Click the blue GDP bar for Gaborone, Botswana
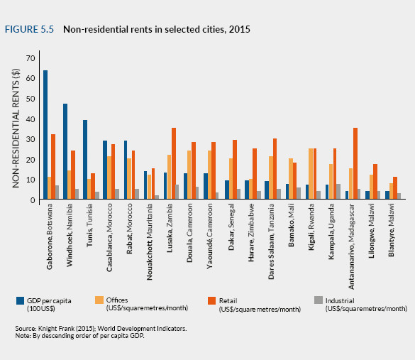pyautogui.click(x=45, y=135)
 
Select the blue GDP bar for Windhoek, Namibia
pyautogui.click(x=65, y=151)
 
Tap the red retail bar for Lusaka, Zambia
pyautogui.click(x=174, y=163)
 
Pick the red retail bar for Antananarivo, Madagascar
pyautogui.click(x=355, y=163)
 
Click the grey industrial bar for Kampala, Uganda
pyautogui.click(x=338, y=192)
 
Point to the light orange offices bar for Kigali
pyautogui.click(x=311, y=174)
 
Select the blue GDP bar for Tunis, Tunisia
pyautogui.click(x=85, y=160)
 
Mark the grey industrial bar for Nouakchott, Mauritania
pyautogui.click(x=157, y=197)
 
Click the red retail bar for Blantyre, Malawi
pyautogui.click(x=395, y=188)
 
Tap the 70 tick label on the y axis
pyautogui.click(x=31, y=58)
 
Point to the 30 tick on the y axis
pyautogui.click(x=31, y=139)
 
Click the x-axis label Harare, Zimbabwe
pyautogui.click(x=251, y=232)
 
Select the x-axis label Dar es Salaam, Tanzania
pyautogui.click(x=271, y=241)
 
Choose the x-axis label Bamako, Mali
pyautogui.click(x=291, y=225)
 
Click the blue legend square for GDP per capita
pyautogui.click(x=20, y=300)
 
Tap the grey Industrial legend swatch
pyautogui.click(x=319, y=300)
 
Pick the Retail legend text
pyautogui.click(x=228, y=301)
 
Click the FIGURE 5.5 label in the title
pyautogui.click(x=29, y=29)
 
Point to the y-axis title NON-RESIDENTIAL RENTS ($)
pyautogui.click(x=16, y=129)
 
